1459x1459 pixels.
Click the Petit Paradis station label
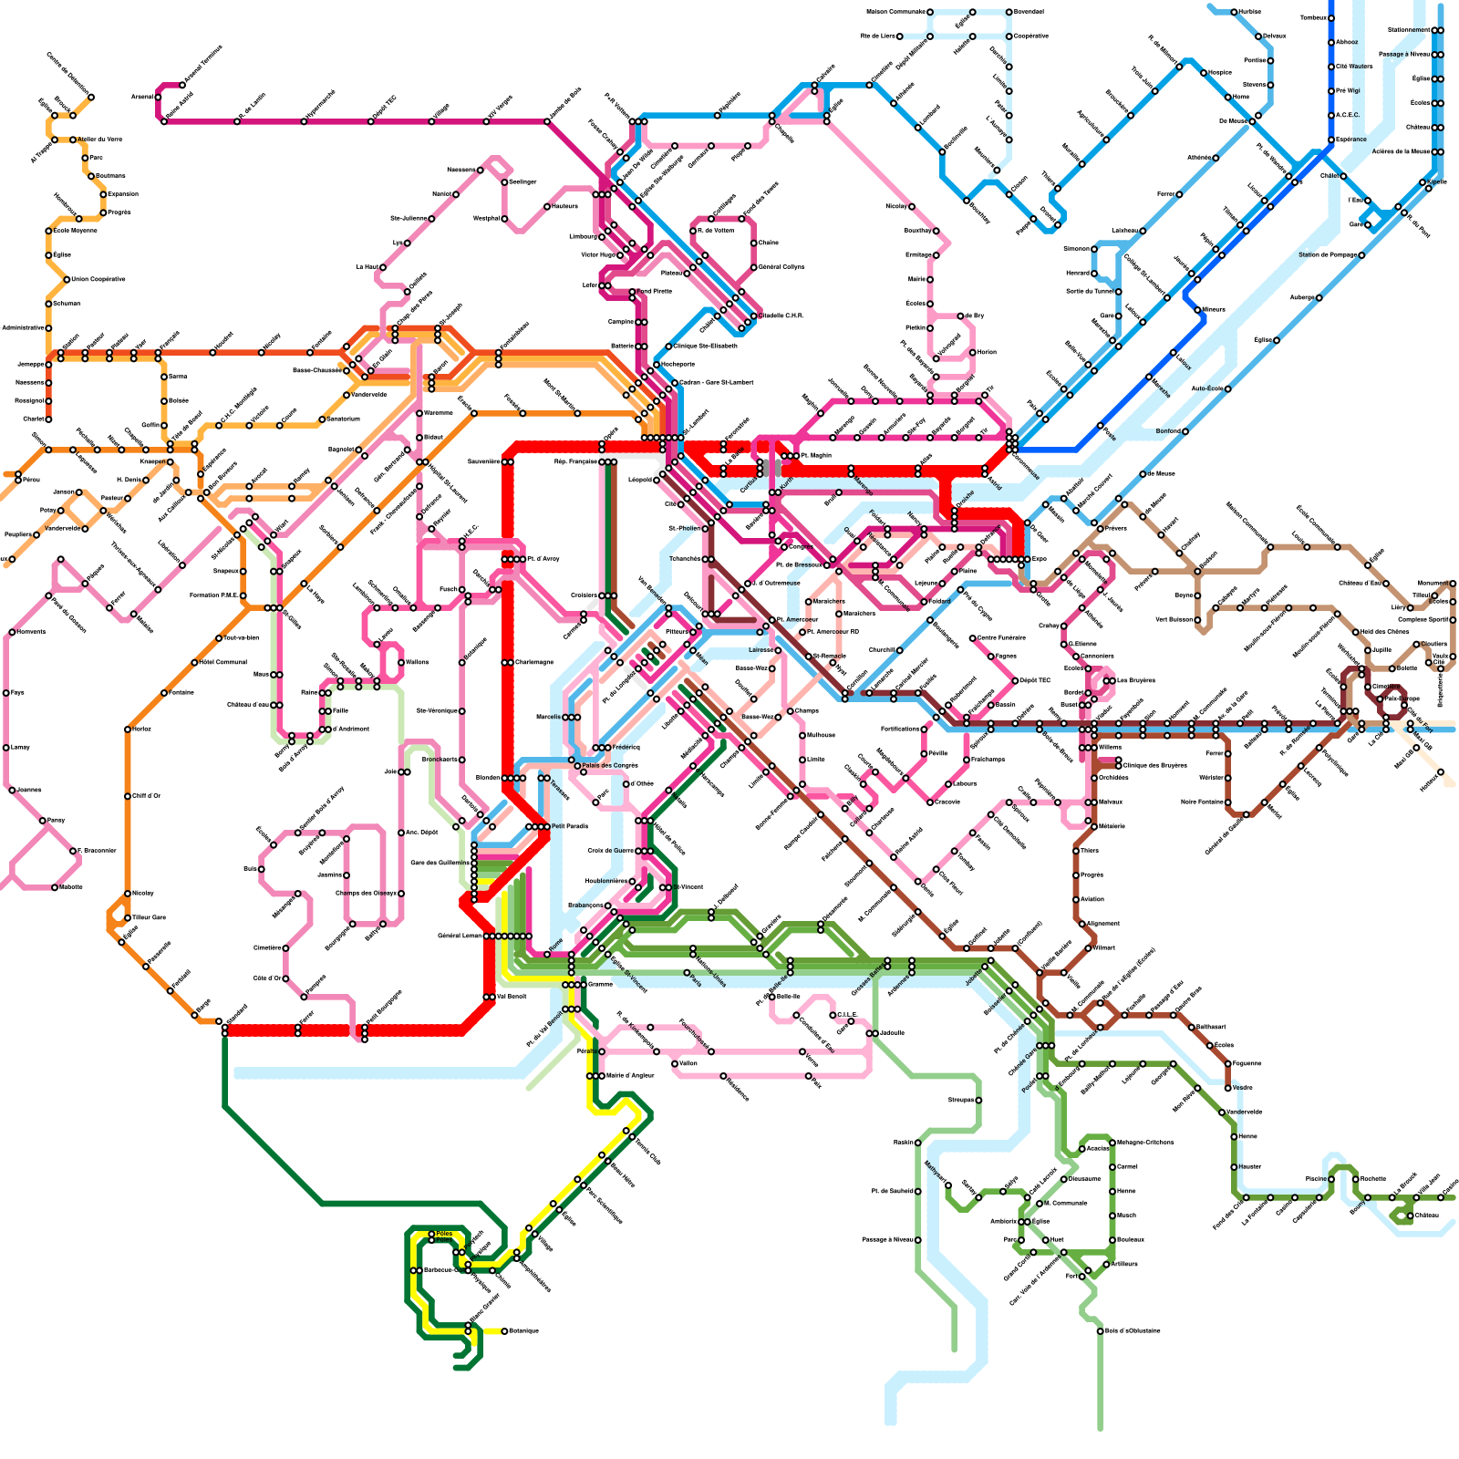click(x=570, y=826)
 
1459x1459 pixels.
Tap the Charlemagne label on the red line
click(x=533, y=663)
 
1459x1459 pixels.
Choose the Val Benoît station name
click(x=512, y=997)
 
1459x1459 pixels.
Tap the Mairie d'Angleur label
click(x=630, y=1076)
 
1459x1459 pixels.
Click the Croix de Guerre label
click(x=610, y=851)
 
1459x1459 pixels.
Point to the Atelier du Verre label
click(x=100, y=140)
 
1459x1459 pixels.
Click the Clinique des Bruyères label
click(x=1155, y=765)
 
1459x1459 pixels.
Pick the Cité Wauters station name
click(x=1354, y=67)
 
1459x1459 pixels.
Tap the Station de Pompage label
click(x=1329, y=255)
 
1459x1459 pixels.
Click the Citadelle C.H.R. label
click(x=781, y=316)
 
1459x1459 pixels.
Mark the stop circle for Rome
click(x=547, y=954)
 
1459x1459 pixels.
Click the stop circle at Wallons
click(x=400, y=662)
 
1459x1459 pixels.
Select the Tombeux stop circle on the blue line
click(x=1331, y=18)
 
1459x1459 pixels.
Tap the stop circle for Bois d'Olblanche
click(x=1100, y=1330)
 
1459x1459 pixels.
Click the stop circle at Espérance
click(x=1331, y=140)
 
